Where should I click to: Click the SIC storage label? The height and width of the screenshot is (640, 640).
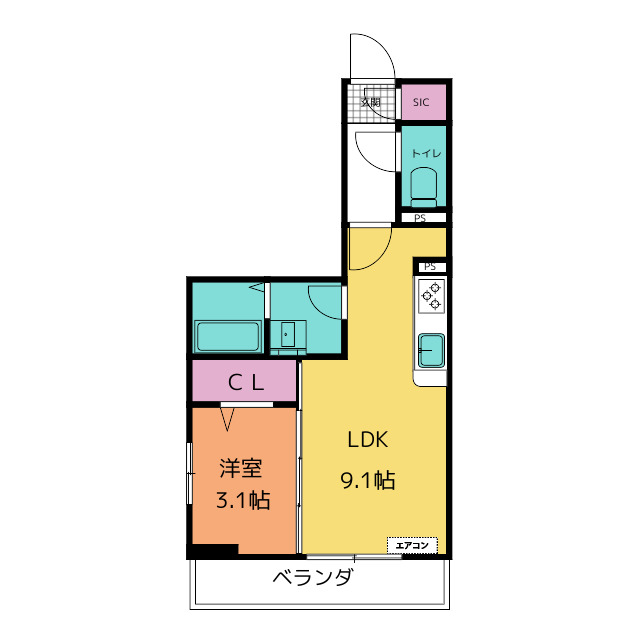(422, 102)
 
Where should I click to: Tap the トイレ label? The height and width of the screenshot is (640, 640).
(422, 153)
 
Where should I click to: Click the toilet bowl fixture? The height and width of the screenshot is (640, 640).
(423, 186)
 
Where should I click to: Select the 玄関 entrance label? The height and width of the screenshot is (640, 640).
(370, 102)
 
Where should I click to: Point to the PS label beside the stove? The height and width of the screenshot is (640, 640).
(430, 266)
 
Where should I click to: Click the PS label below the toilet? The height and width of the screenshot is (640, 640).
(421, 218)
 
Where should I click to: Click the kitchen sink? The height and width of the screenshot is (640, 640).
(432, 350)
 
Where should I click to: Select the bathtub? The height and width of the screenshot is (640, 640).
(228, 336)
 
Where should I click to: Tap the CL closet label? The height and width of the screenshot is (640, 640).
(244, 381)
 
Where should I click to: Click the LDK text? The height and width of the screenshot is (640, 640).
(367, 440)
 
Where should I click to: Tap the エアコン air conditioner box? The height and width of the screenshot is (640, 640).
(413, 545)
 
